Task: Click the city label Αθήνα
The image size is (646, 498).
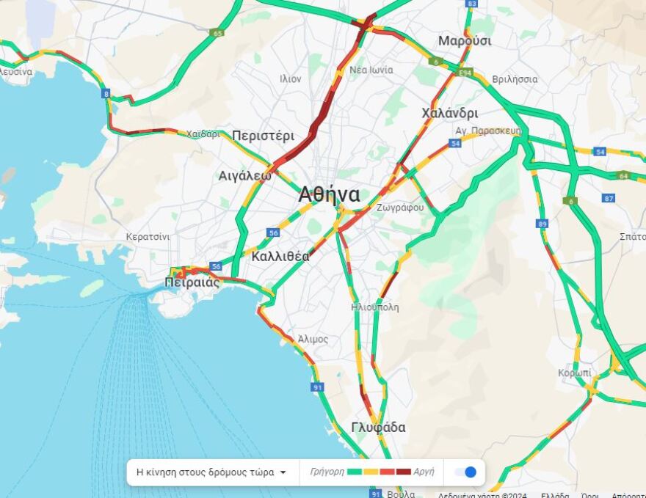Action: (x=329, y=195)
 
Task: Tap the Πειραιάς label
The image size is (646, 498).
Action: (x=192, y=282)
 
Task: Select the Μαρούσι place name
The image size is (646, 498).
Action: (x=465, y=41)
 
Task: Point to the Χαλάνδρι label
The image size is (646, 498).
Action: (x=450, y=113)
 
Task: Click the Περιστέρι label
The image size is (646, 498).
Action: (x=263, y=136)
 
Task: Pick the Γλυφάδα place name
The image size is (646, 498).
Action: (x=378, y=428)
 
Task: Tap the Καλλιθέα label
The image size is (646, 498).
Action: (x=280, y=257)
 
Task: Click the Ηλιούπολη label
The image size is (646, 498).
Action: (x=375, y=307)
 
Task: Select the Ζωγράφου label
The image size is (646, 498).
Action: (x=400, y=208)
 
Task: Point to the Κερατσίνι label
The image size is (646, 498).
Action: (x=148, y=237)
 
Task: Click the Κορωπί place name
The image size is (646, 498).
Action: (x=574, y=373)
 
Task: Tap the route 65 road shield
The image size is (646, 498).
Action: (x=217, y=33)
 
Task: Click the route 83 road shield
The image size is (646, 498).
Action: (x=471, y=4)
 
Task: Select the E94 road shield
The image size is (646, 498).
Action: (x=465, y=73)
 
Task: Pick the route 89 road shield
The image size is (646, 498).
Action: (x=542, y=224)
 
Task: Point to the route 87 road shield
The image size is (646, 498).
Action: (x=608, y=198)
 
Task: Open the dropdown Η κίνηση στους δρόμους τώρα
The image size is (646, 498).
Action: (x=212, y=472)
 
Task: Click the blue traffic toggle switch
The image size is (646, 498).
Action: (x=465, y=472)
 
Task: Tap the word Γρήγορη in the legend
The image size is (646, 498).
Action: (x=327, y=472)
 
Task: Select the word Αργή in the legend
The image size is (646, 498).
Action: (x=424, y=472)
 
